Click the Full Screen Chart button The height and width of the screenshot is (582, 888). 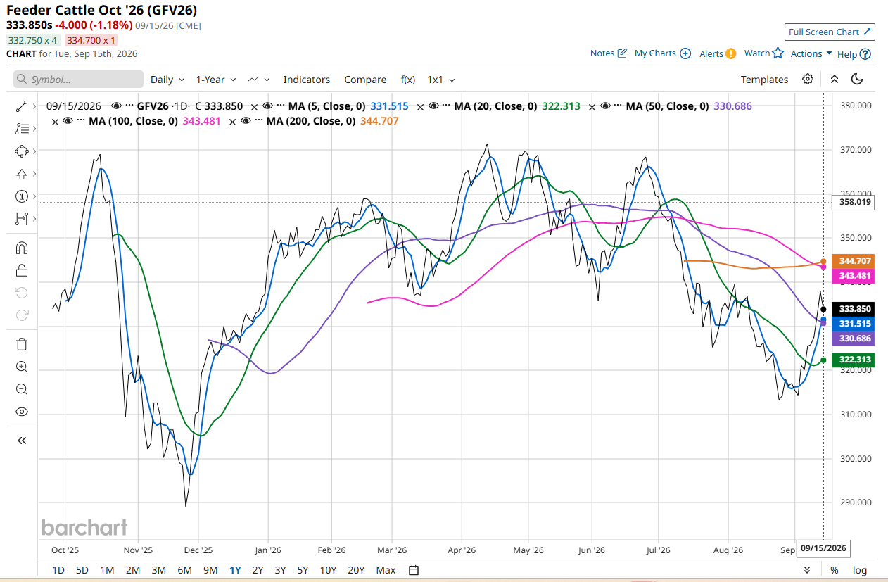point(830,32)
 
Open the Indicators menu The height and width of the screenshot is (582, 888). point(307,80)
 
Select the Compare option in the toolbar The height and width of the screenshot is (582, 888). point(365,80)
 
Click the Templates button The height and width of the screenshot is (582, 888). point(764,80)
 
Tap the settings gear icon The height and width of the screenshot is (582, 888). point(808,80)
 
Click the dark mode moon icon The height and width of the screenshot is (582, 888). point(857,80)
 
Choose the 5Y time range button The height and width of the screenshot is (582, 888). point(303,570)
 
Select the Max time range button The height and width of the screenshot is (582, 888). point(386,570)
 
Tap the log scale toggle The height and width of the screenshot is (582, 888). point(859,570)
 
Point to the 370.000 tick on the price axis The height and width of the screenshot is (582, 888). point(856,150)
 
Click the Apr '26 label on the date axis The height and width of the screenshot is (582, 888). point(462,550)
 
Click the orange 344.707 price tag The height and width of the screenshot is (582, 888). point(854,261)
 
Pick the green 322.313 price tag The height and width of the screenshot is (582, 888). point(854,360)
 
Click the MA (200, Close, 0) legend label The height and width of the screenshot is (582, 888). point(311,121)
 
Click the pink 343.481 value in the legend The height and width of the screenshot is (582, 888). point(201,121)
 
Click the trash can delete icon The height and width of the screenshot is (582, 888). point(22,344)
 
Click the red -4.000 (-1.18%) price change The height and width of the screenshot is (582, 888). point(94,25)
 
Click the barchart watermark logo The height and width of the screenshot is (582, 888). point(84,527)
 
